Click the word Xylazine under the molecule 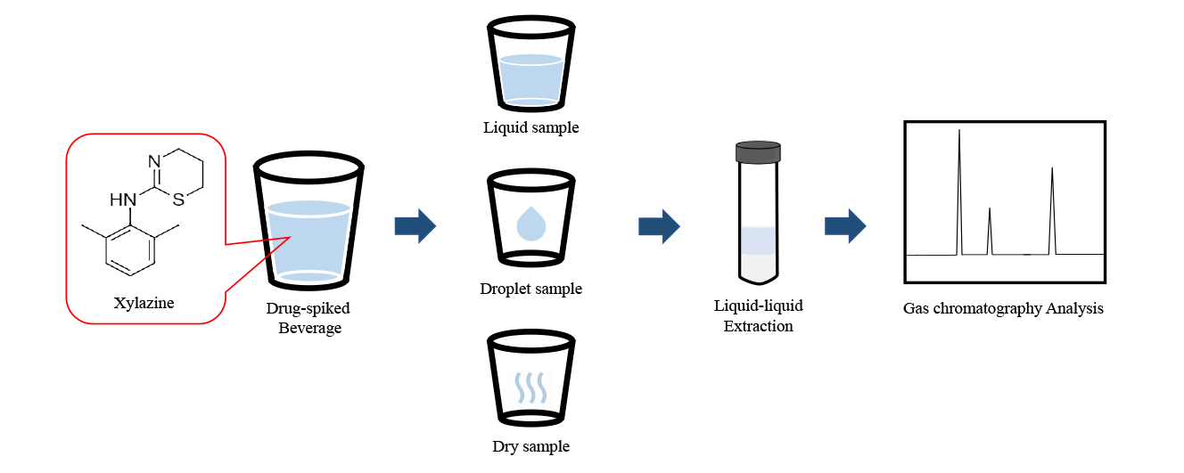click(144, 303)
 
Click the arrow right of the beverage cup click(415, 226)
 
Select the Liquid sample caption click(530, 127)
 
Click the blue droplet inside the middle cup click(531, 224)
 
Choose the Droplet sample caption click(530, 289)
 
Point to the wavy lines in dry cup click(530, 388)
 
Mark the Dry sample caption click(530, 446)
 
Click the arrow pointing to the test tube click(659, 226)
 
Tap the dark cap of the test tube click(758, 152)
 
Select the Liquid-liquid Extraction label click(758, 315)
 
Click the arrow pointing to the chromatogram click(844, 226)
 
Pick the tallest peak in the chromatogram click(959, 178)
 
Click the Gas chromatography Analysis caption click(1003, 309)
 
